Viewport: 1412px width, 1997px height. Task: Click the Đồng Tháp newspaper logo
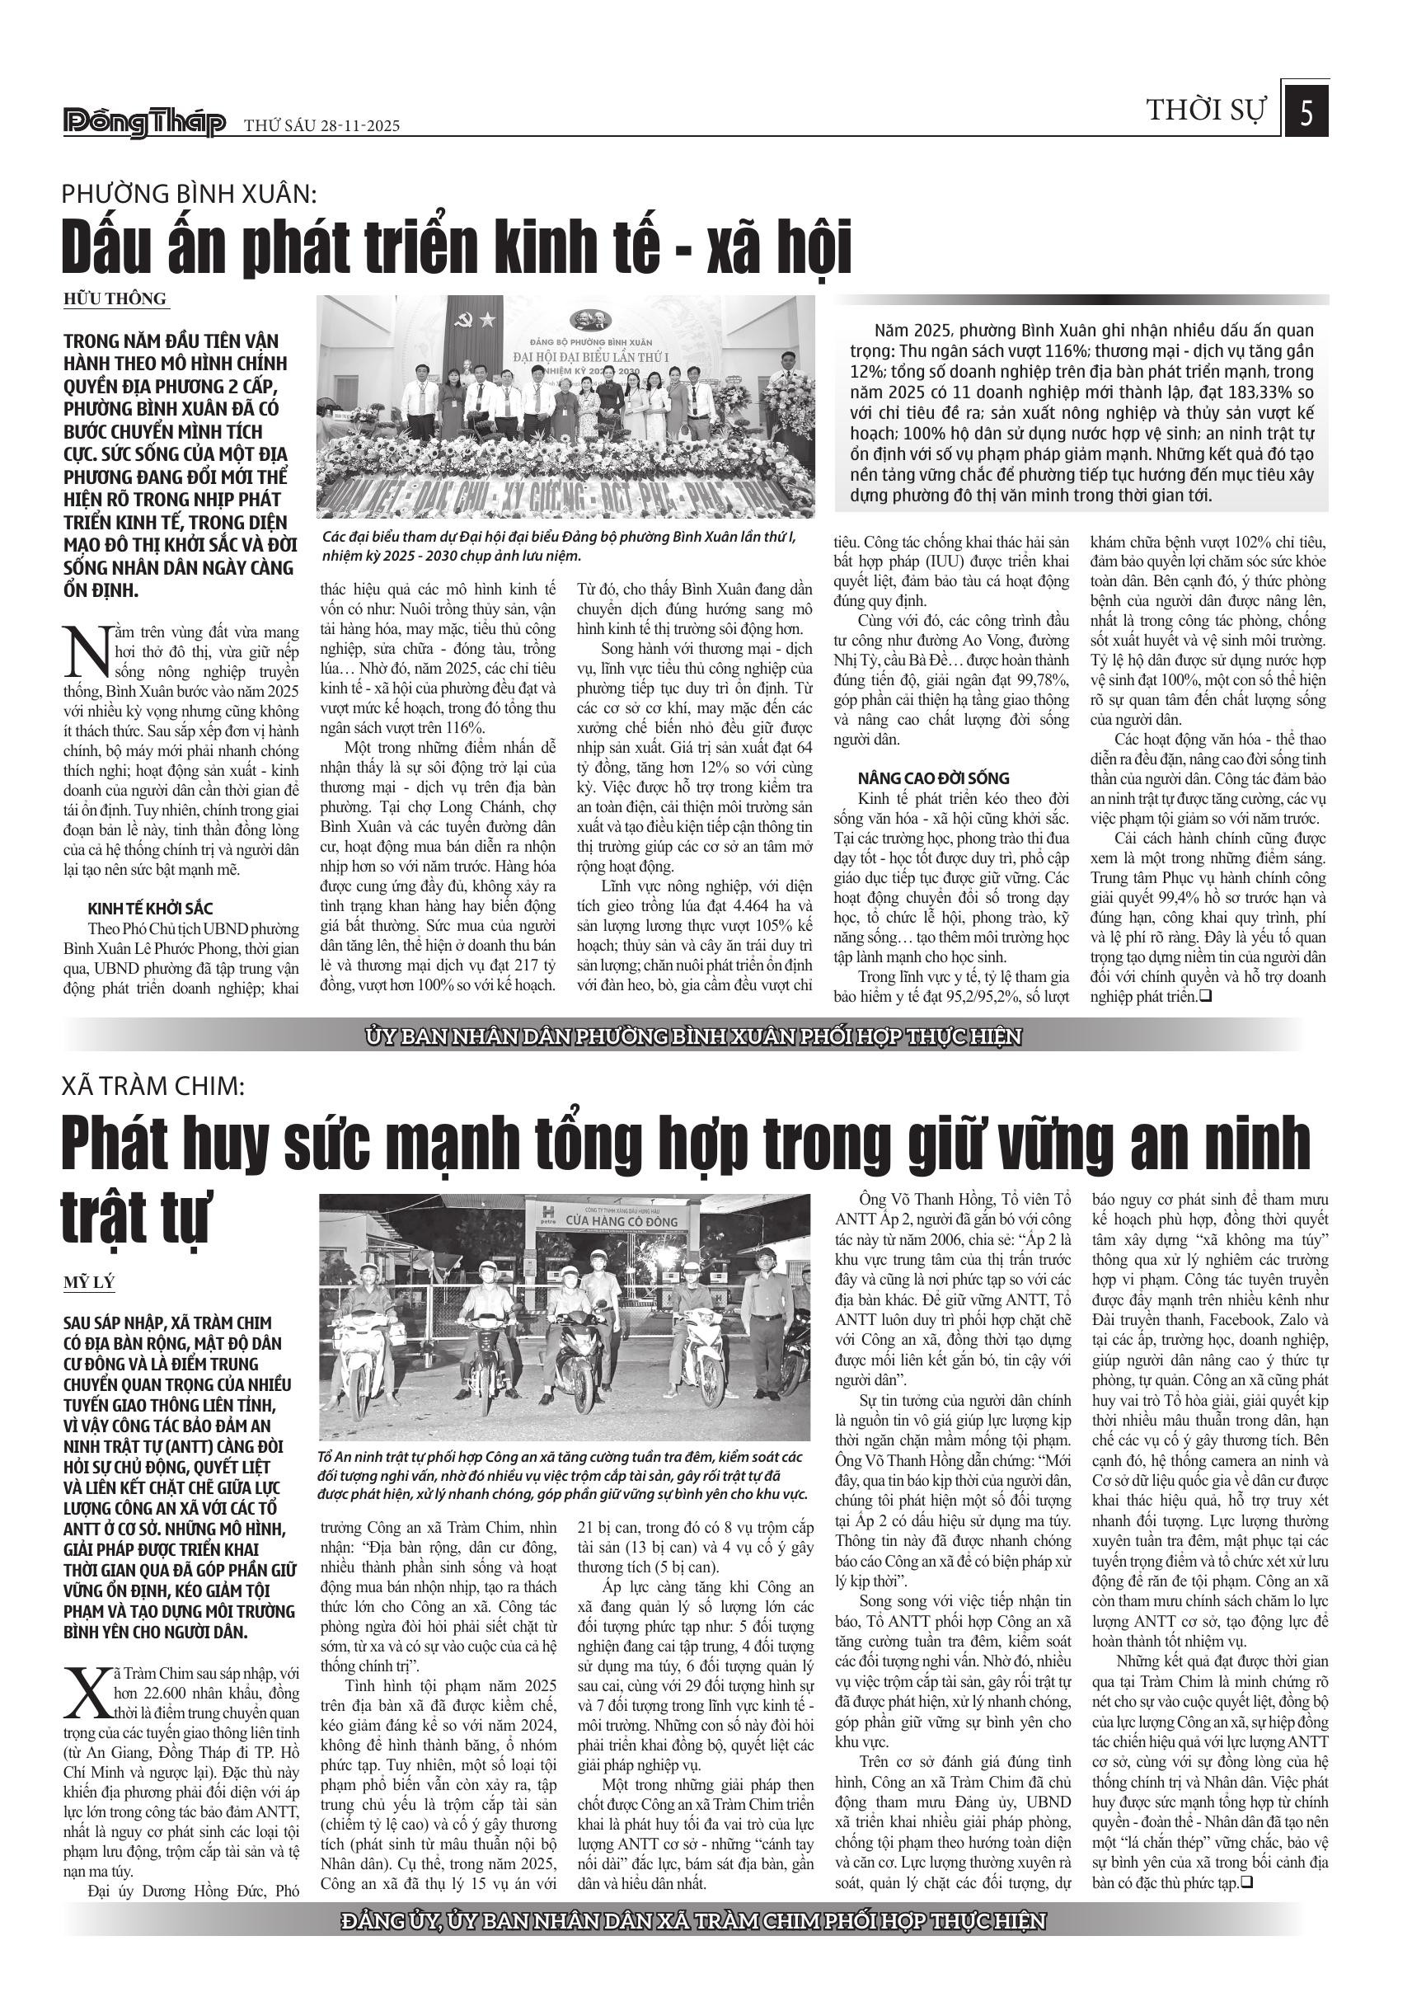click(144, 123)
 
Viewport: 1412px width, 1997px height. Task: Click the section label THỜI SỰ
click(1206, 111)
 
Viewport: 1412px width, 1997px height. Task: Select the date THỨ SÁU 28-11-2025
click(321, 126)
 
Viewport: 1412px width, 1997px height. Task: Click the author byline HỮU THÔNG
click(115, 298)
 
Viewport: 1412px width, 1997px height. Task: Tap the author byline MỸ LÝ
click(89, 1283)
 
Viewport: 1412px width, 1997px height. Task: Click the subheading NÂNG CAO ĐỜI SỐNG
click(933, 778)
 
